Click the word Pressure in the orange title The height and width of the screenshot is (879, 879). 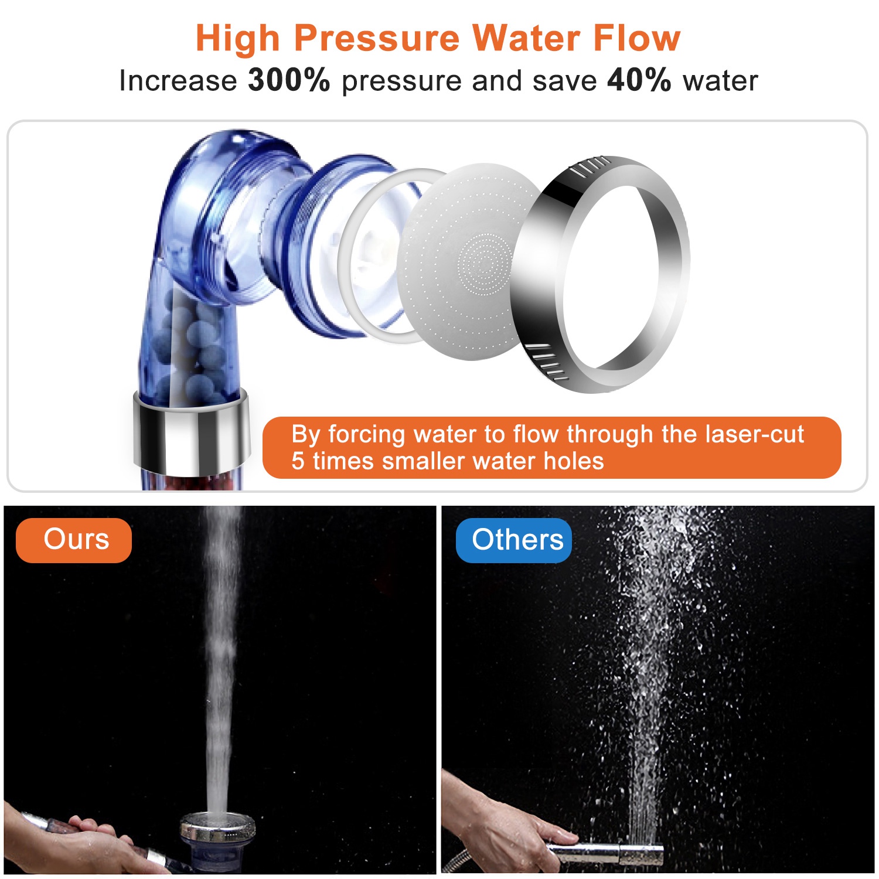(377, 39)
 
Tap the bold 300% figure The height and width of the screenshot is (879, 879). (289, 80)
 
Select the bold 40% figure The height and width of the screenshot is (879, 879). (639, 80)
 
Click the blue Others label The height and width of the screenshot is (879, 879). (514, 540)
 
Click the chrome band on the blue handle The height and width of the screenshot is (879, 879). (190, 431)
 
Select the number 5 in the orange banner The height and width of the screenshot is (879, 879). (298, 461)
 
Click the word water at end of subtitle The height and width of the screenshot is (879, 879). (720, 80)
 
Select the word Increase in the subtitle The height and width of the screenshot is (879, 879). (178, 80)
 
